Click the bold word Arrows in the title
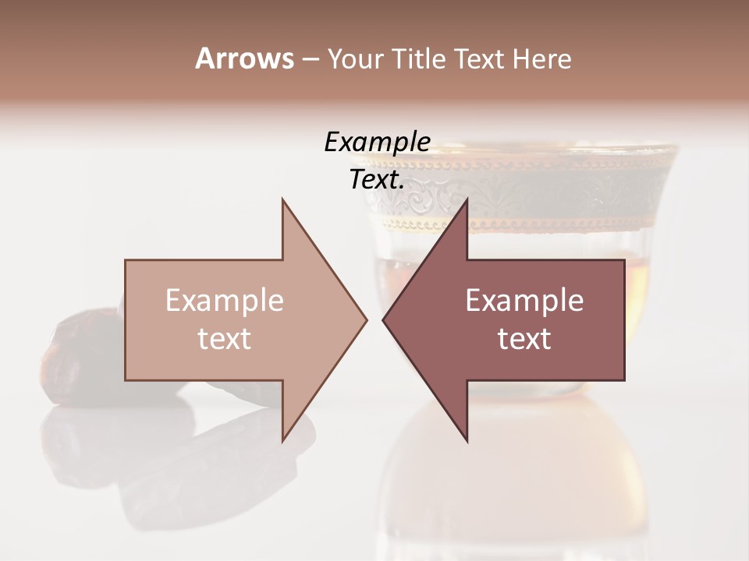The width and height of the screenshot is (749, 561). (x=244, y=58)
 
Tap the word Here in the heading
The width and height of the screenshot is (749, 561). (x=541, y=58)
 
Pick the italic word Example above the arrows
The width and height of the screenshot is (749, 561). (x=377, y=143)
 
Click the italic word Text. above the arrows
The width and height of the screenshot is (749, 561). (x=378, y=180)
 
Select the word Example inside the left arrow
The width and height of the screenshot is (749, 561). (x=224, y=301)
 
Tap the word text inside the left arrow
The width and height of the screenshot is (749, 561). (x=224, y=339)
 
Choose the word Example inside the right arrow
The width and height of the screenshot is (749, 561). (x=524, y=301)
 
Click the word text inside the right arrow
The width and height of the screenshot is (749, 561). (x=524, y=339)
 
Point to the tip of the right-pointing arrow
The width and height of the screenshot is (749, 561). (x=366, y=319)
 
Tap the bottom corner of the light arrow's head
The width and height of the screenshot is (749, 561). (x=283, y=439)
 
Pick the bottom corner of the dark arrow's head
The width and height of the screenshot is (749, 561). (x=467, y=439)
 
